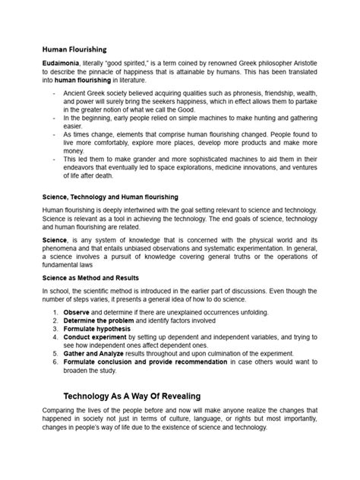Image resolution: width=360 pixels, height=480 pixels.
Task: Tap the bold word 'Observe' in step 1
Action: pos(77,313)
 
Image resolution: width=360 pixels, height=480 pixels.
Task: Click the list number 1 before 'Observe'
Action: pos(55,313)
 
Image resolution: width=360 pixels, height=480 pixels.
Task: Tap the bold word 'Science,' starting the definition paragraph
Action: pos(55,239)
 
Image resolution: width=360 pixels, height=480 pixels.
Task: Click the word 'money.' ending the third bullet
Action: pos(74,151)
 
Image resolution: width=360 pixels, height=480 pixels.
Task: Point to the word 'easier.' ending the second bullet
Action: pos(74,127)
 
